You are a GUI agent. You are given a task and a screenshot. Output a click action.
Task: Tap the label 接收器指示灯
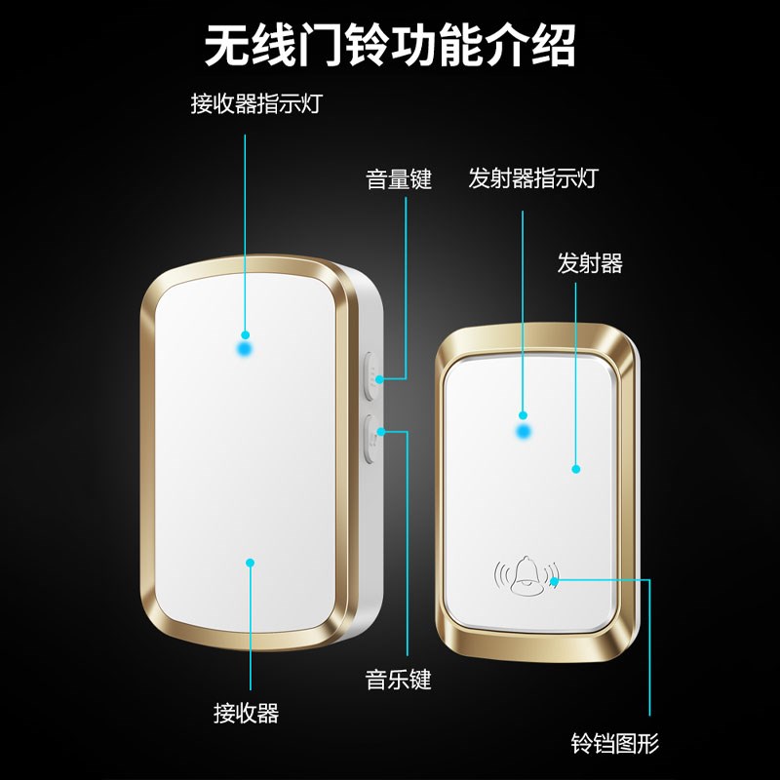pyautogui.click(x=255, y=104)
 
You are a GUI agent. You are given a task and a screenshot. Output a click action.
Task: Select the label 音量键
pyautogui.click(x=399, y=179)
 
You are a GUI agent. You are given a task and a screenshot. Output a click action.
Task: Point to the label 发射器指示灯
pyautogui.click(x=532, y=178)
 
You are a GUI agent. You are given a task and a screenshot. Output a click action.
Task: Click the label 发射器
pyautogui.click(x=590, y=263)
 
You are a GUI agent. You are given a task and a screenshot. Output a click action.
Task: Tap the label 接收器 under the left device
pyautogui.click(x=247, y=713)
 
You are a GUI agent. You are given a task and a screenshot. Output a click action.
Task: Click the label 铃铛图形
pyautogui.click(x=615, y=745)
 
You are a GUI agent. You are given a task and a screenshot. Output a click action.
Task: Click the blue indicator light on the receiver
pyautogui.click(x=245, y=346)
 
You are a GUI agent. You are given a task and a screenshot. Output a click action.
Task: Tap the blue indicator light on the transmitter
pyautogui.click(x=525, y=429)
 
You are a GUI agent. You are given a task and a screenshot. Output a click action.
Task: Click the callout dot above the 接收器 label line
pyautogui.click(x=250, y=562)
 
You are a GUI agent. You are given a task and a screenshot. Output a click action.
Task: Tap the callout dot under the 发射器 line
pyautogui.click(x=575, y=469)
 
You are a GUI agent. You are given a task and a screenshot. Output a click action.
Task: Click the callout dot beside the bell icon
pyautogui.click(x=554, y=581)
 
